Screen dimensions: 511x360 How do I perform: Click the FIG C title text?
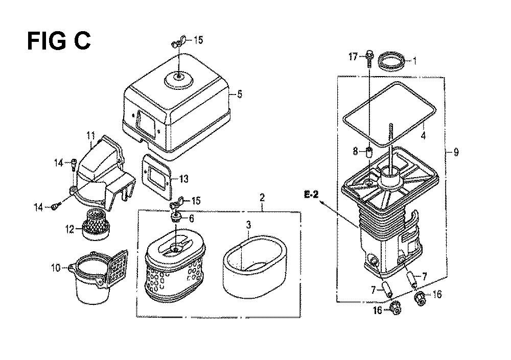(59, 41)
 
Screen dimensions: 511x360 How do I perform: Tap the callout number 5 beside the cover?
(240, 94)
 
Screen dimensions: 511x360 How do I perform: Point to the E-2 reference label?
(311, 195)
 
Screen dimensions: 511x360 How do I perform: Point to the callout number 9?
(456, 152)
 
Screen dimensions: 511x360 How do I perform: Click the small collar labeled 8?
(369, 152)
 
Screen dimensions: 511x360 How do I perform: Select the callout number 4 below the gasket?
(423, 135)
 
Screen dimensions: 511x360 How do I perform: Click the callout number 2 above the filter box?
(262, 198)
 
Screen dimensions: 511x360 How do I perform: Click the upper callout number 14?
(59, 162)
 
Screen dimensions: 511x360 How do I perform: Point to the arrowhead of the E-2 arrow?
(322, 202)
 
